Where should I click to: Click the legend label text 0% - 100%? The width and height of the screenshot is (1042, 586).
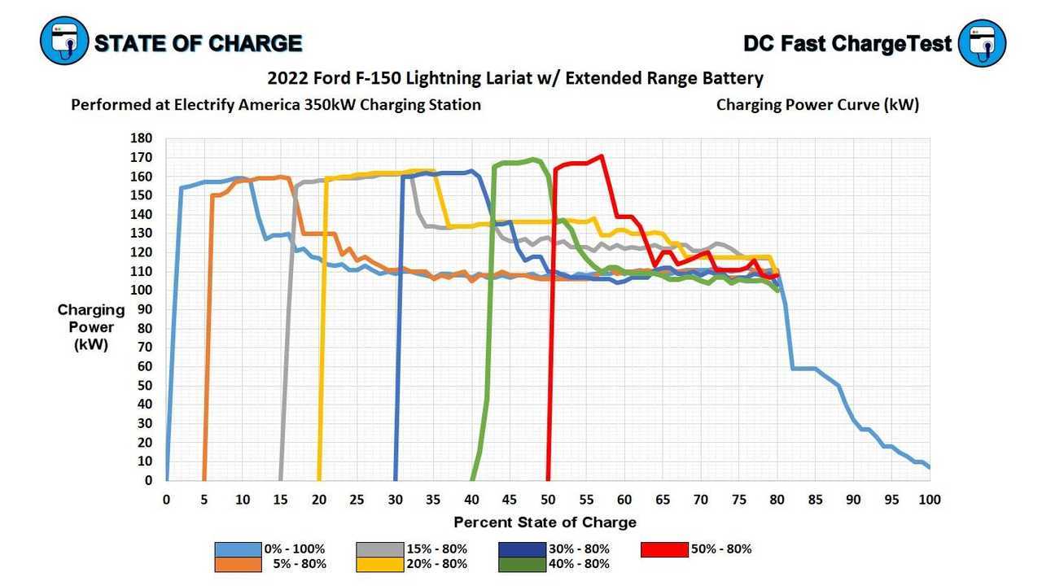pos(295,549)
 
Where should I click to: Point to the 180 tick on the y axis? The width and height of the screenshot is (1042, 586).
pos(141,138)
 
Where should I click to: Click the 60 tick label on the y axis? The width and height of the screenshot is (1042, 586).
pos(144,366)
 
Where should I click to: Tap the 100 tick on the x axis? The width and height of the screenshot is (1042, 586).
pos(930,500)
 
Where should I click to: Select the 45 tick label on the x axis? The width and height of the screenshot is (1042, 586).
pos(510,500)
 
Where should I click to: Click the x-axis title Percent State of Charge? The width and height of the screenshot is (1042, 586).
pos(545,523)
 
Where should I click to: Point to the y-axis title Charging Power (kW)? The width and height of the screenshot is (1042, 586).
pos(91,327)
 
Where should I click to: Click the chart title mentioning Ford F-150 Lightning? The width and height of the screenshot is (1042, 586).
pos(515,78)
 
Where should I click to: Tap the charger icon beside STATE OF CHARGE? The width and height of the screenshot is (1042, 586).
pos(64,42)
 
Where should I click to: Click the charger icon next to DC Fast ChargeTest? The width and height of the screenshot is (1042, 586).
pos(983,42)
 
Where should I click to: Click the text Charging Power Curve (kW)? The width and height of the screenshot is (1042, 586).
pos(817,105)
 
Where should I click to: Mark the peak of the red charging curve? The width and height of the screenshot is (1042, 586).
pos(601,155)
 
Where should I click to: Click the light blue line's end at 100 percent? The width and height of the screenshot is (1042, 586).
pos(929,467)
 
